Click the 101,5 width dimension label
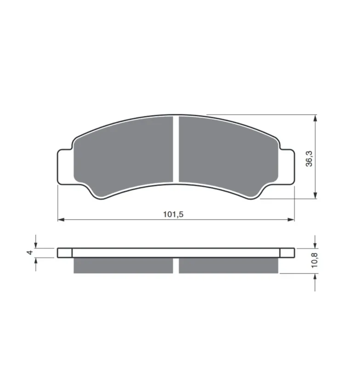pyautogui.click(x=173, y=214)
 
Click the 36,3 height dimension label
pyautogui.click(x=309, y=159)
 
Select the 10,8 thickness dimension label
pyautogui.click(x=315, y=260)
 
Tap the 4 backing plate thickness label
pyautogui.click(x=30, y=253)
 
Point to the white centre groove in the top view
pyautogui.click(x=176, y=149)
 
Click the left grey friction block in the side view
pyautogui.click(x=123, y=266)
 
